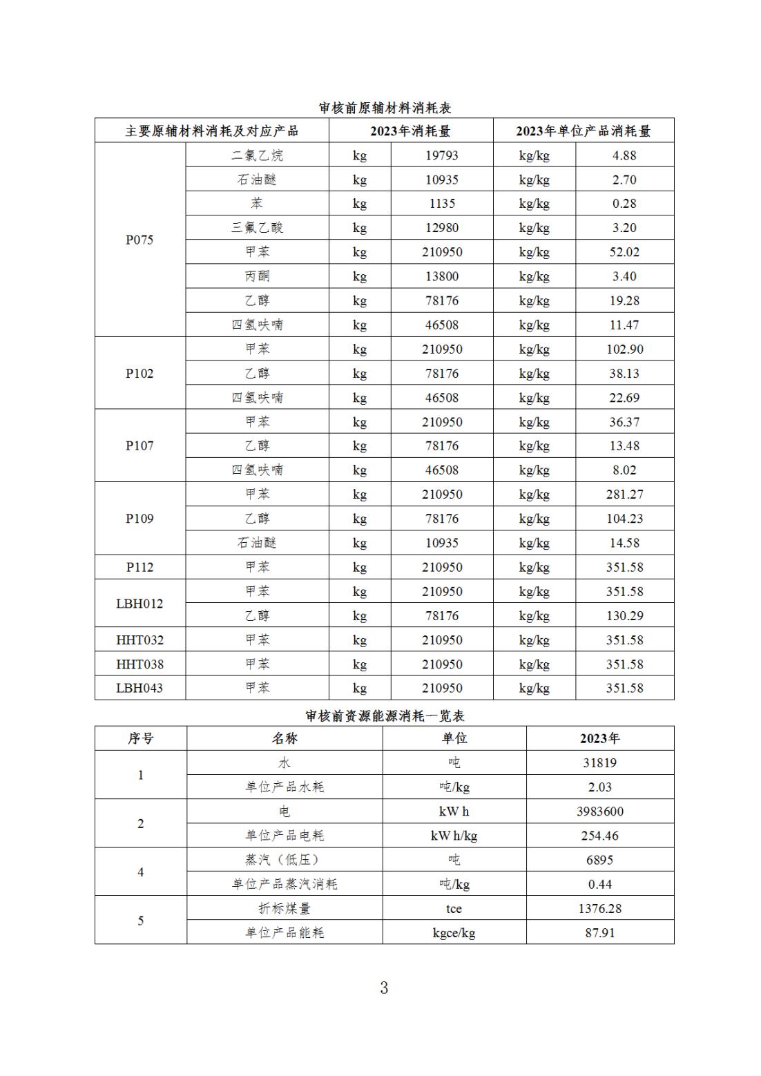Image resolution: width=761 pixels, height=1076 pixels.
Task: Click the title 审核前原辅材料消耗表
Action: pos(385,108)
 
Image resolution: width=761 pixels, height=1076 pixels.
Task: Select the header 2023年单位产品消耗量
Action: pos(583,131)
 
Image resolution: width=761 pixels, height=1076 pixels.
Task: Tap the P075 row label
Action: pos(139,240)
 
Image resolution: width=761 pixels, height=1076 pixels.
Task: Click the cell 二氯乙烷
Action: pos(257,155)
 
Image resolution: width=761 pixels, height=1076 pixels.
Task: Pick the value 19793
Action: pos(441,155)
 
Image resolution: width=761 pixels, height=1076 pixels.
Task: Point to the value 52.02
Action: pos(624,252)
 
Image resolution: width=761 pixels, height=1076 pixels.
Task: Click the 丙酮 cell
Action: pos(257,276)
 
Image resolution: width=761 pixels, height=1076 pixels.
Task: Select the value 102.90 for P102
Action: pos(624,349)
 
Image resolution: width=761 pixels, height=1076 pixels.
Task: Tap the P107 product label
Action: pos(139,446)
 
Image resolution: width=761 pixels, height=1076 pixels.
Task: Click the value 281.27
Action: pos(624,494)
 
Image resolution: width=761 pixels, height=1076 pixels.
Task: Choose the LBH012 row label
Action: pos(139,604)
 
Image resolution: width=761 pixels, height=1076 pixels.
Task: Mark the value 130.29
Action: pos(624,615)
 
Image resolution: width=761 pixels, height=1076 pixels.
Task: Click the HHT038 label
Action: pos(139,664)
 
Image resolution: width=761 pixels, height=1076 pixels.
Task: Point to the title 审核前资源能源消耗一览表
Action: pos(385,716)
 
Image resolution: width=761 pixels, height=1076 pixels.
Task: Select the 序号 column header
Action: pos(140,738)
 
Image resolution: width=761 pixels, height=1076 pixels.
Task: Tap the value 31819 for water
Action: pos(599,763)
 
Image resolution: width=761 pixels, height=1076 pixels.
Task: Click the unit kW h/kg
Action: pos(454,836)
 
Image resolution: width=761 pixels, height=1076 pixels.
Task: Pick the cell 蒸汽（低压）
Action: pos(284,860)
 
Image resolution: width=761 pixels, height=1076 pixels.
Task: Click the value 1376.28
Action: pos(599,909)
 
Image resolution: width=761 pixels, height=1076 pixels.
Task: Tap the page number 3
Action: pos(384,988)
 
